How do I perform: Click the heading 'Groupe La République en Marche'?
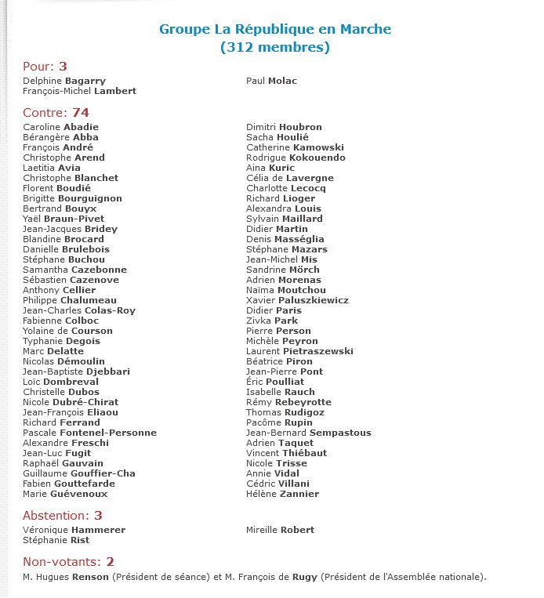[x=274, y=30]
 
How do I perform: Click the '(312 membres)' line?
[x=274, y=48]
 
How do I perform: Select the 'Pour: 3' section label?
[x=45, y=67]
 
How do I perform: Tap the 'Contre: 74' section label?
[x=56, y=113]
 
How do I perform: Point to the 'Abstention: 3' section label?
[x=63, y=516]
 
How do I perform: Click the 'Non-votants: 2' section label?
[x=69, y=562]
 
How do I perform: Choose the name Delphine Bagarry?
[x=64, y=81]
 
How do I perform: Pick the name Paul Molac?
[x=271, y=81]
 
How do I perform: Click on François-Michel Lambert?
[x=80, y=91]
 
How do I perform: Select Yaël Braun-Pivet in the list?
[x=63, y=219]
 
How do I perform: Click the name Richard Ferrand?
[x=62, y=422]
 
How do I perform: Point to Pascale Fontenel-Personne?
[x=90, y=433]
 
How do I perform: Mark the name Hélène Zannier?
[x=282, y=494]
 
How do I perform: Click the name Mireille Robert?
[x=280, y=530]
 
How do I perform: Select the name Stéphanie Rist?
[x=56, y=540]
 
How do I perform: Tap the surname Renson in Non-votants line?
[x=90, y=578]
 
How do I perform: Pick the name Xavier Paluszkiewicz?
[x=297, y=300]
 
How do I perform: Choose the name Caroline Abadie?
[x=61, y=127]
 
